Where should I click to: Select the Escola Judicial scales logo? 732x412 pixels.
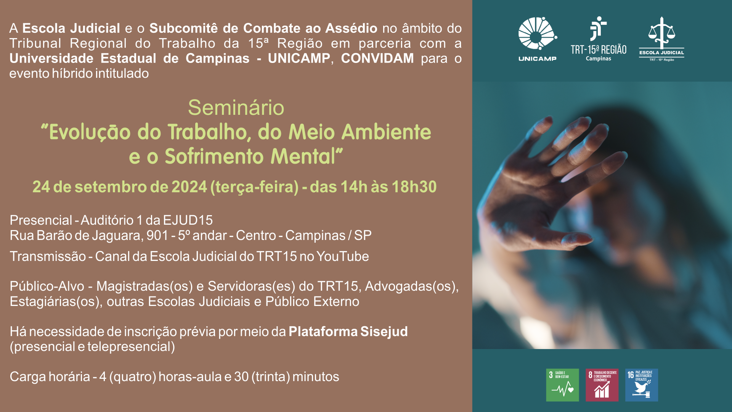661,39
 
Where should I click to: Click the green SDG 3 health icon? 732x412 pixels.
562,385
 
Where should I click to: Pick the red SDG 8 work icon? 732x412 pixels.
602,385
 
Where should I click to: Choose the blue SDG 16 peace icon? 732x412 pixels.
642,385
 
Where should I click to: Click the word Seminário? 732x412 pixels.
236,108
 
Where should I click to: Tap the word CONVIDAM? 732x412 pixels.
377,58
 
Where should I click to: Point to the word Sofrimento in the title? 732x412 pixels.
215,156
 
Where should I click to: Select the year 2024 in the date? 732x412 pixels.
189,187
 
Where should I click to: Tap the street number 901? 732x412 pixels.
157,235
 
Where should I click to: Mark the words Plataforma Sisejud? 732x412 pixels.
348,332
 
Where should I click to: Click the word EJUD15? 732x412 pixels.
188,220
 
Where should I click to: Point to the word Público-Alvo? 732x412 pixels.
47,286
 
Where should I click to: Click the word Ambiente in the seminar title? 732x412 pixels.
386,132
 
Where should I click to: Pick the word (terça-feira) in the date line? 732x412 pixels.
255,187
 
